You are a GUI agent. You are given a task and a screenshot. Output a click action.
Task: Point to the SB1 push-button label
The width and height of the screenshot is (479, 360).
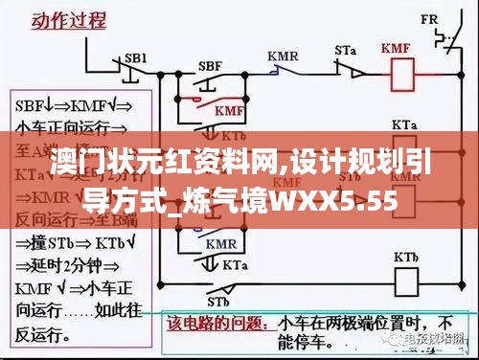(x=136, y=57)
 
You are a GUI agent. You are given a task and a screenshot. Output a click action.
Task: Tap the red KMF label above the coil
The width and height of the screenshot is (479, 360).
(x=397, y=49)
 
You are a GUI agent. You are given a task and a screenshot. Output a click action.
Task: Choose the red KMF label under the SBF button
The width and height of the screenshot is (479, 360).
(x=228, y=113)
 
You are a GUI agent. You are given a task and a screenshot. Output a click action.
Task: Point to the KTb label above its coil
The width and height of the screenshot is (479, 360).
(x=407, y=258)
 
